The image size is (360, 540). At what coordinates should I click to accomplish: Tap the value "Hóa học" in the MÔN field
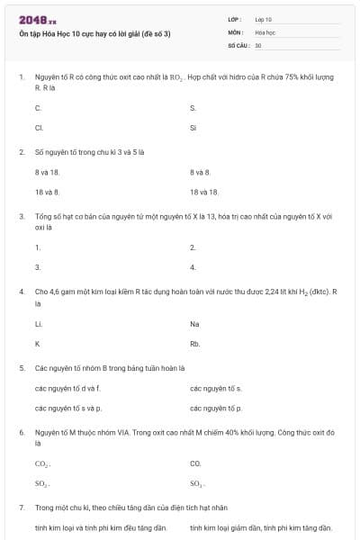coord(264,31)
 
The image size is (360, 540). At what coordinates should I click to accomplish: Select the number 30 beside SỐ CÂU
coord(258,44)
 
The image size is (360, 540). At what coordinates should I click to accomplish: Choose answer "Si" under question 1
coord(193,127)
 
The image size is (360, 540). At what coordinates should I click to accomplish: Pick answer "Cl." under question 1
coord(40,127)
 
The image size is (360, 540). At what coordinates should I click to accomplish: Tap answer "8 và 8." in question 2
coord(200,171)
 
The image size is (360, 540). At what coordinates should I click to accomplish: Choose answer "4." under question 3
coord(193,267)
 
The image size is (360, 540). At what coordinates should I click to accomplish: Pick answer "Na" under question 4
coord(195,323)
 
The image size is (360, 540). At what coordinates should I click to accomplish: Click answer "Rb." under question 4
coord(195,344)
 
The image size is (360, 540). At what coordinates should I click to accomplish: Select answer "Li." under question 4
coord(39,323)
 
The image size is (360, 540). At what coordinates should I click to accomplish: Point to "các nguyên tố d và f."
coord(67,388)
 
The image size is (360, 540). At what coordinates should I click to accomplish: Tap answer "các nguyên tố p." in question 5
coord(216,409)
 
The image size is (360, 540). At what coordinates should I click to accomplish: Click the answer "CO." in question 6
coord(196,463)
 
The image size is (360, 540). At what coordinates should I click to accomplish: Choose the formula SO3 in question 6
coord(197,484)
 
